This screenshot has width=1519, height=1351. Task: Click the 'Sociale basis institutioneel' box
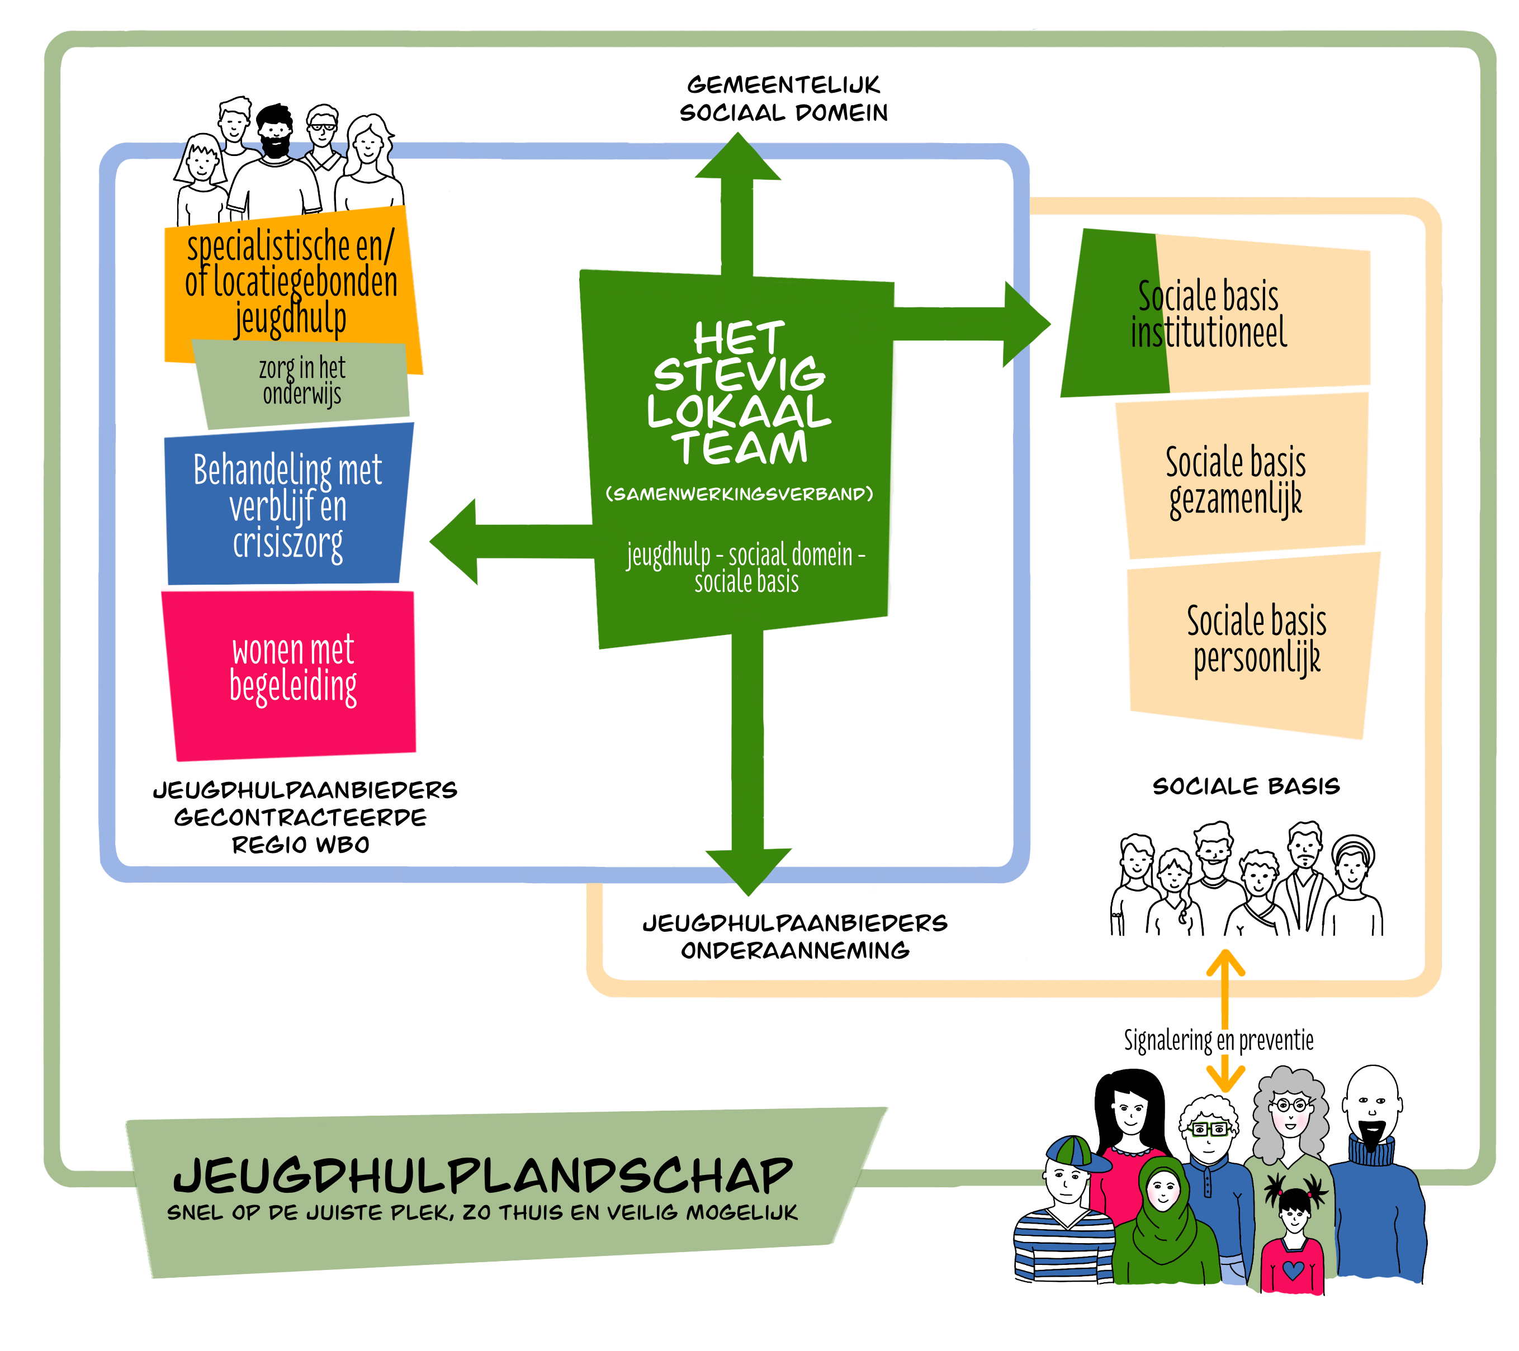(1219, 315)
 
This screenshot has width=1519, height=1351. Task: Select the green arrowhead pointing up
(737, 158)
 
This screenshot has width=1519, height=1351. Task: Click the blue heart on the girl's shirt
(1293, 1270)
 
